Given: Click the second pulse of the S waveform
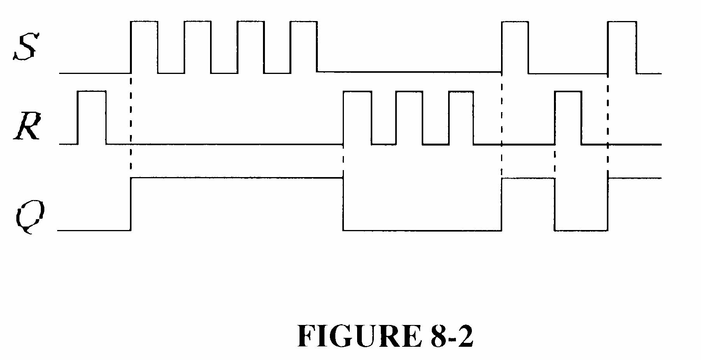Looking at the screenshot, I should [x=198, y=47].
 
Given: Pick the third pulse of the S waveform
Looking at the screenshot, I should [x=251, y=47].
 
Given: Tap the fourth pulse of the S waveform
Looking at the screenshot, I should [x=304, y=47].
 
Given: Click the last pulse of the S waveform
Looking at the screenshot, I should [x=622, y=47].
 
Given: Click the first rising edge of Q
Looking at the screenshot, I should [x=131, y=204].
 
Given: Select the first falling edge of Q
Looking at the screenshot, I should [x=343, y=204].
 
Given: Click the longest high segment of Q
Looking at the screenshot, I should [x=237, y=178].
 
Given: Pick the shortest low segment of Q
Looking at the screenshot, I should [x=581, y=230].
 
